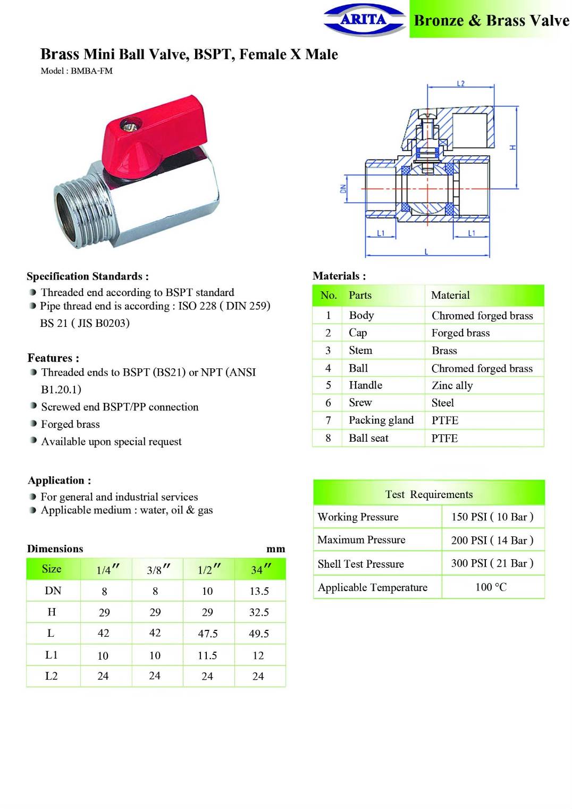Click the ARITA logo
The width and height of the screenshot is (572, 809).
coord(364,20)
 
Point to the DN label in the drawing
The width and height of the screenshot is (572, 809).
coord(343,188)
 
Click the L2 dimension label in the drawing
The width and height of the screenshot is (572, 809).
coord(460,83)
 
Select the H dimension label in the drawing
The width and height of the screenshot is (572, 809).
coord(512,147)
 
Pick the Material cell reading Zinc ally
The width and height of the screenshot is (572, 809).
coord(452,385)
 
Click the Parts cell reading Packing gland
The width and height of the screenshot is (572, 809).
coord(381,420)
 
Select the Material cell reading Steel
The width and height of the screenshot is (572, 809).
coord(442,403)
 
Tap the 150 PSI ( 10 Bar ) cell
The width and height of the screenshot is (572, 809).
coord(492,517)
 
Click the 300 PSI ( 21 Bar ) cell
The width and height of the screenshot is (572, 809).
coord(492,563)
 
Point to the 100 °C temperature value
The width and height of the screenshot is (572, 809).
coord(491,587)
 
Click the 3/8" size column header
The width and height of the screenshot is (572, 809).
coord(157,570)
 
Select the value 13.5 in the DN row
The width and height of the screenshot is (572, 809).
coord(259,591)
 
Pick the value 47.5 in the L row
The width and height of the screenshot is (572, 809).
coord(207,634)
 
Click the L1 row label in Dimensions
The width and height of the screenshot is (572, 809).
coord(52,655)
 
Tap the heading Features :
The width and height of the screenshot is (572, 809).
coord(53,358)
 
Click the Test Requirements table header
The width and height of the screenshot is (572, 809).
coord(428,494)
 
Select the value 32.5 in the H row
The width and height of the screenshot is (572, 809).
coord(259,612)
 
